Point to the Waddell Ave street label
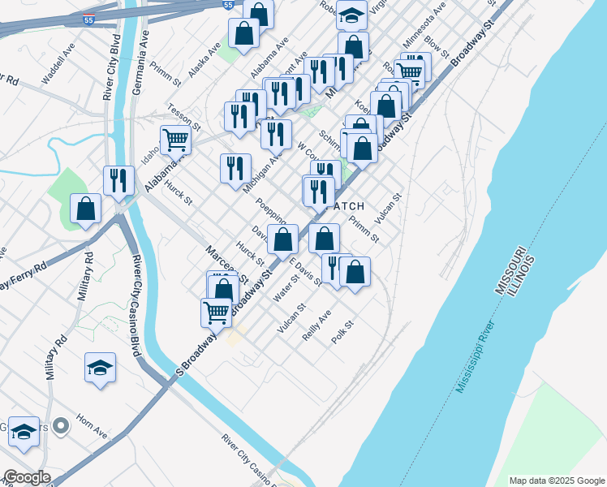pyautogui.click(x=58, y=74)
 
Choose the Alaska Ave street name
pyautogui.click(x=204, y=60)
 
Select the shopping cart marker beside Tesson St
pyautogui.click(x=176, y=140)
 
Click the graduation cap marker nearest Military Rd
pyautogui.click(x=100, y=368)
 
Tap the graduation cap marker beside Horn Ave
pyautogui.click(x=24, y=436)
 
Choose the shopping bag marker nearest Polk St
pyautogui.click(x=355, y=273)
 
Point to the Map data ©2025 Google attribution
pyautogui.click(x=556, y=481)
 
